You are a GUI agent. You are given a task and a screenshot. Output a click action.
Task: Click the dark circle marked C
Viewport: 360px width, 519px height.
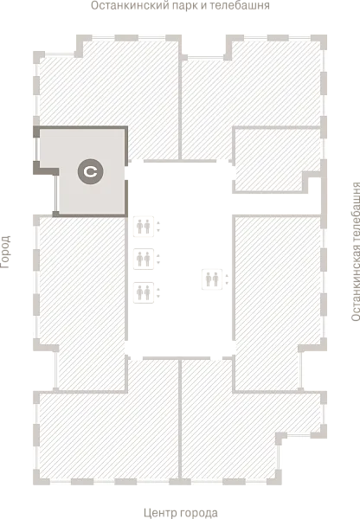tap(90, 171)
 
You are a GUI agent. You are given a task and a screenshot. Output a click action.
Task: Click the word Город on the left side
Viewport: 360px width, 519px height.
tap(6, 252)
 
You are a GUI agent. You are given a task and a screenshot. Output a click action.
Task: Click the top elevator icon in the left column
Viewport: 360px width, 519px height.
tap(144, 227)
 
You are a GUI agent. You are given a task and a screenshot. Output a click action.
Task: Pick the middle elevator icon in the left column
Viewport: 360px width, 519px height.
tap(144, 259)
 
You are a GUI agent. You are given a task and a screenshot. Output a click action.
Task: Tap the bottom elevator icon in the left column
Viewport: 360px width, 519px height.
tap(144, 292)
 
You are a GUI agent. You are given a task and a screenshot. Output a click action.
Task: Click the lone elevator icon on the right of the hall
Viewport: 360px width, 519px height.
tap(212, 279)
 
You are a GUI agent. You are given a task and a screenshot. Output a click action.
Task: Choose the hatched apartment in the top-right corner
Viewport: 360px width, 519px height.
tap(252, 96)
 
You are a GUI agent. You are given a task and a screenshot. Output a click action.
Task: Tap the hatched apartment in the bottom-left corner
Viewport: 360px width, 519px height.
tap(109, 433)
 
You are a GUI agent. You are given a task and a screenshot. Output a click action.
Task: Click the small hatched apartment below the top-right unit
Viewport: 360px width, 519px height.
tap(268, 159)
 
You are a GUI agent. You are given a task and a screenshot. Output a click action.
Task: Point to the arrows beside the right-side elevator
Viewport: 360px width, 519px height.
tap(227, 279)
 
